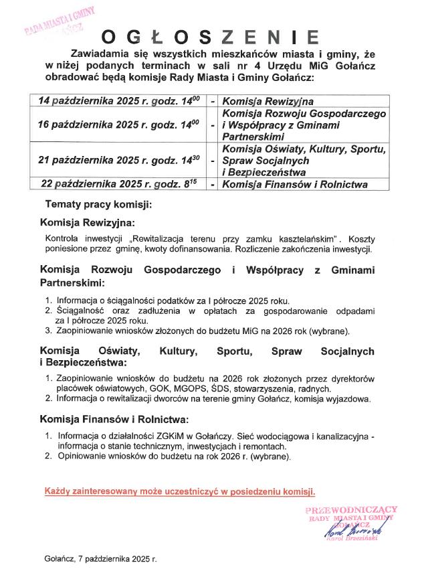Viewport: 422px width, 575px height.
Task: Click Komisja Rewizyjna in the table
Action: click(268, 100)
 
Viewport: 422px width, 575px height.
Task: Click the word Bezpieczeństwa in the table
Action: click(264, 173)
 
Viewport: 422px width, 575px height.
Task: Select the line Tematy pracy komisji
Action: click(98, 203)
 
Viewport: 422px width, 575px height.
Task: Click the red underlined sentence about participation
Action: click(180, 491)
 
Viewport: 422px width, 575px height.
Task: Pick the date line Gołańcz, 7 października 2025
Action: click(100, 557)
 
